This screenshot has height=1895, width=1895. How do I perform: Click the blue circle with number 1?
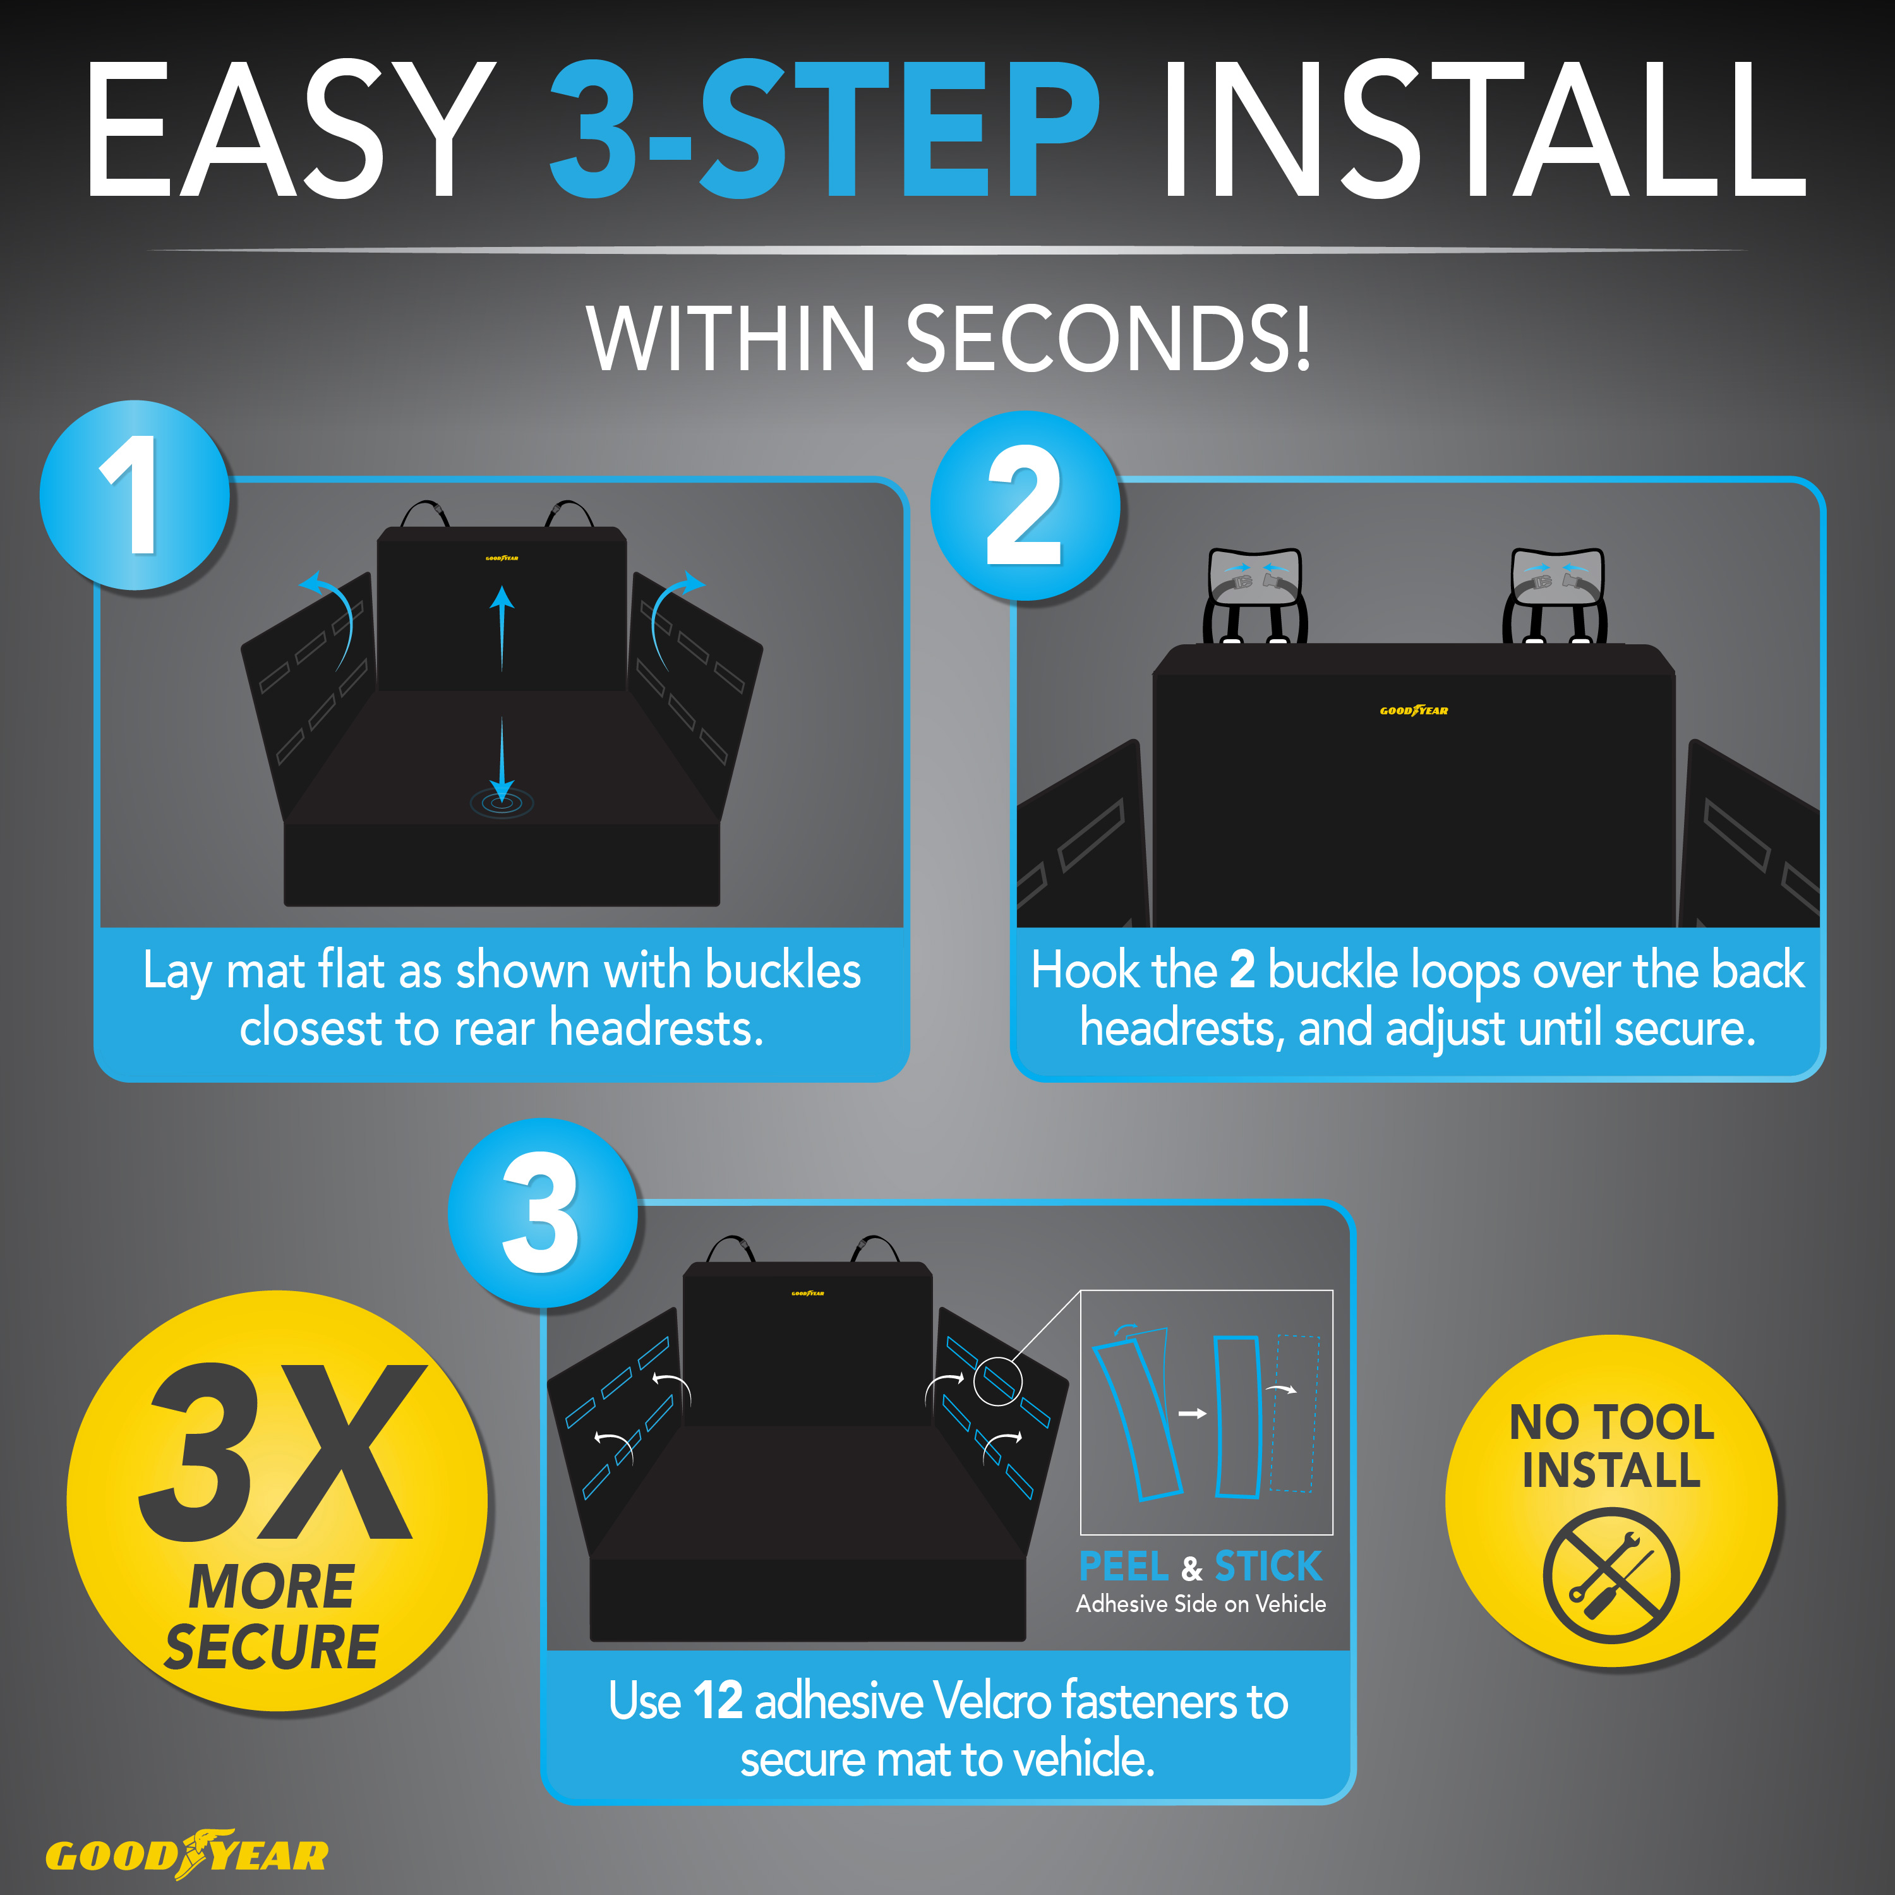pyautogui.click(x=135, y=495)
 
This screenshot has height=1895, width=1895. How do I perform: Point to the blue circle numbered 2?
pyautogui.click(x=1025, y=505)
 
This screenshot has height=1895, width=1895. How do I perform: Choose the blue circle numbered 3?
pyautogui.click(x=543, y=1212)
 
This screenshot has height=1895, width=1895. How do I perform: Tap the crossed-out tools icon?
pyautogui.click(x=1611, y=1576)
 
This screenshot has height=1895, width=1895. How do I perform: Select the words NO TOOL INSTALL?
pyautogui.click(x=1611, y=1446)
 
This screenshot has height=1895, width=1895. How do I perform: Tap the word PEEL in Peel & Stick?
pyautogui.click(x=1123, y=1567)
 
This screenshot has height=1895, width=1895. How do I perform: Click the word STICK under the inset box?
pyautogui.click(x=1268, y=1567)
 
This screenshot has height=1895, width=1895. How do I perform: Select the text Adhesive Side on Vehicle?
pyautogui.click(x=1201, y=1604)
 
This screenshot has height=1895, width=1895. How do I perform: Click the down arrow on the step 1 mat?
pyautogui.click(x=502, y=760)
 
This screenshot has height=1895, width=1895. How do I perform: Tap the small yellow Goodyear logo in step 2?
pyautogui.click(x=1414, y=710)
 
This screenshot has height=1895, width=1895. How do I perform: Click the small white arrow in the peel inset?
pyautogui.click(x=1192, y=1414)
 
